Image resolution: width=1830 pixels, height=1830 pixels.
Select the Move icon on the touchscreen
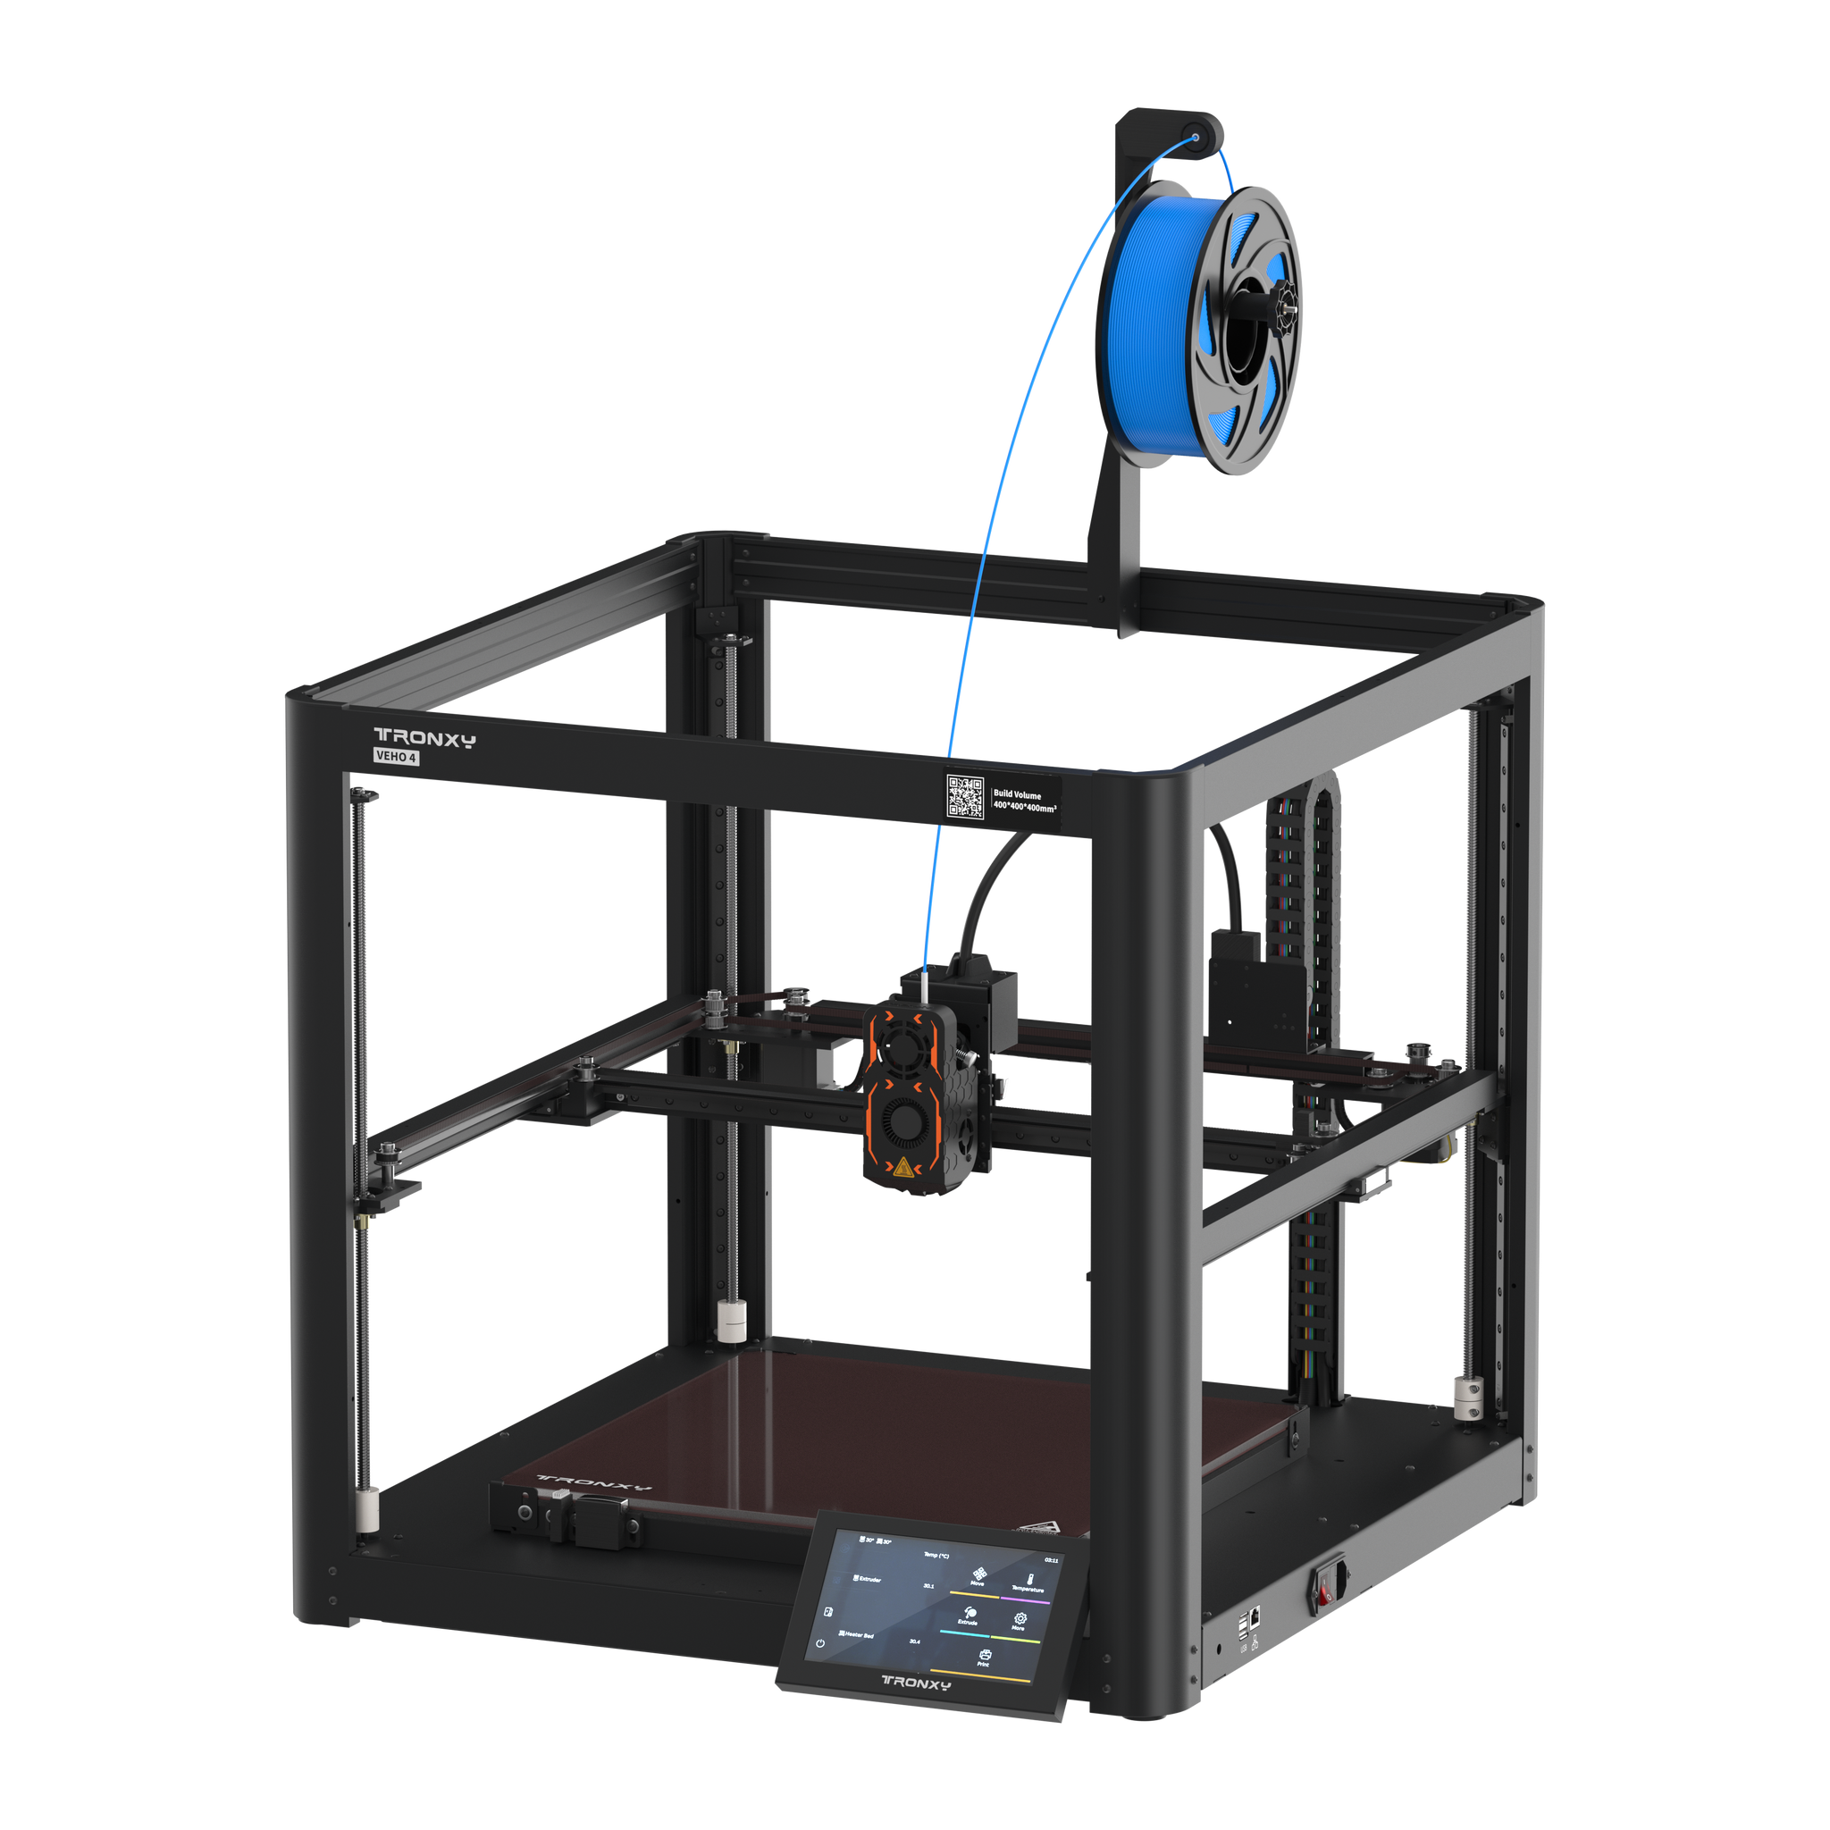pos(978,1574)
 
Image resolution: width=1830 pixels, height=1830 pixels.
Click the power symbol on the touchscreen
pos(820,1643)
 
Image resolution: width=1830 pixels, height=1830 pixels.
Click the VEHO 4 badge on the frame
pos(396,757)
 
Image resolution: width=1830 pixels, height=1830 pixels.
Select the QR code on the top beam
pos(965,795)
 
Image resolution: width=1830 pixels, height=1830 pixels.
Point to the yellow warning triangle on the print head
pos(902,1166)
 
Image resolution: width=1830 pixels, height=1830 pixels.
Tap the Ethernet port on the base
pos(1255,1614)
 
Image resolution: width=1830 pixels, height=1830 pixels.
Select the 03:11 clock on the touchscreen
pos(1051,1560)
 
